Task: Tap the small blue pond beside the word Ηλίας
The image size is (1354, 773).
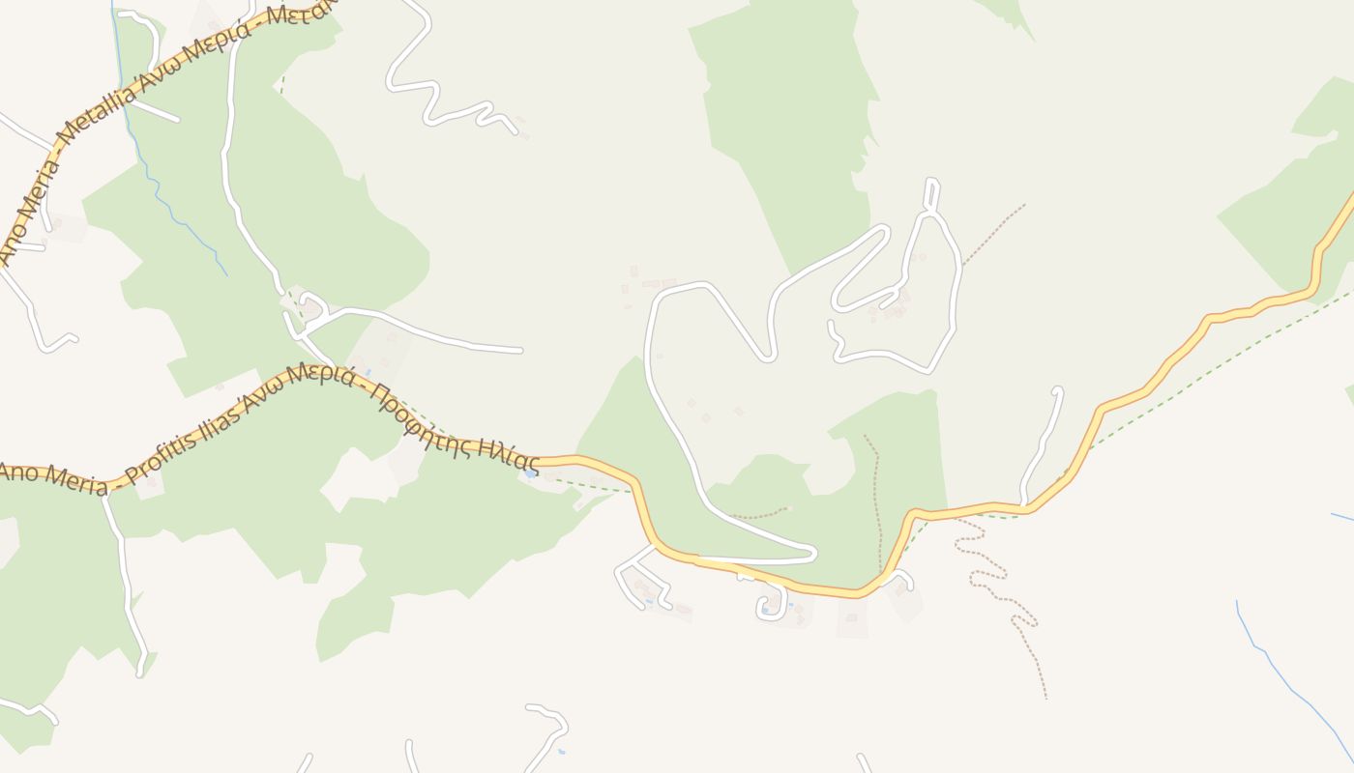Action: pyautogui.click(x=530, y=473)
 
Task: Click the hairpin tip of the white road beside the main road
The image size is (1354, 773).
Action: pyautogui.click(x=812, y=553)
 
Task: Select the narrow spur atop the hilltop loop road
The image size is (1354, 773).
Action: pyautogui.click(x=930, y=191)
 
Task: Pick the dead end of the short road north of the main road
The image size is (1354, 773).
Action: pyautogui.click(x=1057, y=391)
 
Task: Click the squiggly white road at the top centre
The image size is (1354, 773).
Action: pyautogui.click(x=426, y=87)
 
